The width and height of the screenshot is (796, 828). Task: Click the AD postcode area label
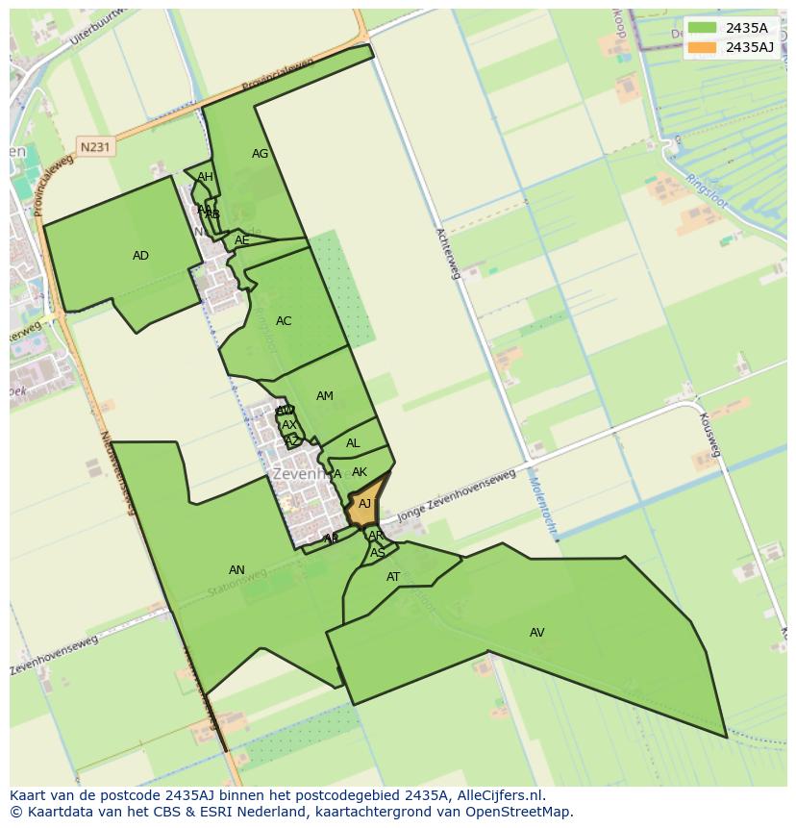(140, 256)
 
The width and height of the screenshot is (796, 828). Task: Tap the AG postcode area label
(260, 154)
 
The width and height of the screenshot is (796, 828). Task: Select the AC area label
(284, 321)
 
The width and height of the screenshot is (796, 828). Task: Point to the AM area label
(325, 396)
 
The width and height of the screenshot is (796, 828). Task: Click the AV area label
(536, 633)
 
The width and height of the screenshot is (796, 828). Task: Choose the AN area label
(236, 570)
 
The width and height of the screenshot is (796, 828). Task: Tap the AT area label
(393, 577)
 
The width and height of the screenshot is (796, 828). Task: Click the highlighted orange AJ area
(364, 504)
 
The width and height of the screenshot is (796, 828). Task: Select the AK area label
(360, 472)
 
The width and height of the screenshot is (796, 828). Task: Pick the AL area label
(353, 443)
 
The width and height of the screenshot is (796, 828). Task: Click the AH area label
(205, 177)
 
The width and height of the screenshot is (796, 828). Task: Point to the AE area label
(242, 240)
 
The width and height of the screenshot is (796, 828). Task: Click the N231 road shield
(95, 147)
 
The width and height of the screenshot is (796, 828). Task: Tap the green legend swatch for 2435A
(702, 28)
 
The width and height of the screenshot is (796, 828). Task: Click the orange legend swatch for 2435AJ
(702, 46)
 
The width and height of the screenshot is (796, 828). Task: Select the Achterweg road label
(449, 254)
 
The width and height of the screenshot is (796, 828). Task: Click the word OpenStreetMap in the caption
(520, 812)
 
